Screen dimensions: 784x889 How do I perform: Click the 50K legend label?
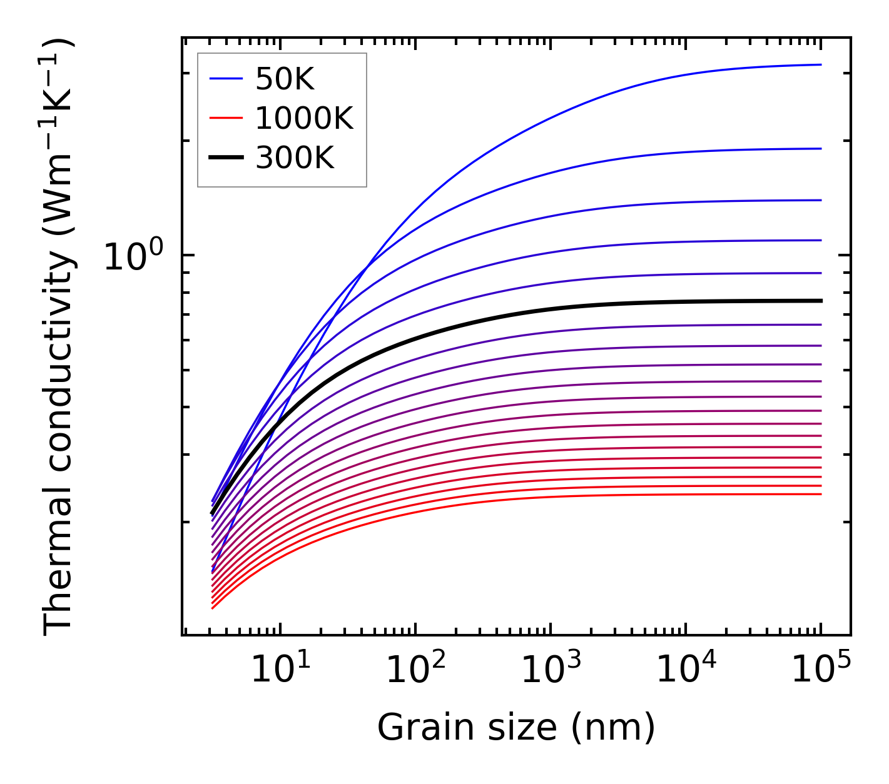tap(285, 79)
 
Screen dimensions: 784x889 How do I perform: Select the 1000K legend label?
tap(304, 118)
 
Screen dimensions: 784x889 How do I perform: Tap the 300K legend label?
tap(295, 158)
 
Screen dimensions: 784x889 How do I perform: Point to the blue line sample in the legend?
tap(226, 79)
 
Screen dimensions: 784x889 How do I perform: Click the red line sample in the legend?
tap(226, 118)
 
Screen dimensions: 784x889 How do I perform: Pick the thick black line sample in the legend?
tap(226, 158)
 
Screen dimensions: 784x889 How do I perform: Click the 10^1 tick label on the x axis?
tap(280, 670)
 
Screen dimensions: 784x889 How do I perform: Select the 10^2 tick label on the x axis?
tap(415, 670)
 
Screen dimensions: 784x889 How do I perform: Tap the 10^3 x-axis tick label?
tap(551, 670)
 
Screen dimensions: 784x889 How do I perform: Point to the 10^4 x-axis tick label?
tap(686, 670)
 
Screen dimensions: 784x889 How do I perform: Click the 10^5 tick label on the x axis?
tap(821, 670)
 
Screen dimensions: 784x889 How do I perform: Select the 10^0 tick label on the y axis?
tap(133, 256)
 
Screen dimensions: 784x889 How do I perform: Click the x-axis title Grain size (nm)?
tap(516, 728)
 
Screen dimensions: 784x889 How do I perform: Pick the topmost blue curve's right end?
tap(820, 64)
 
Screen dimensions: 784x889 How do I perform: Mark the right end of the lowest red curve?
tap(820, 495)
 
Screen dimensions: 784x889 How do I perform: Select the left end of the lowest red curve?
tap(213, 608)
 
